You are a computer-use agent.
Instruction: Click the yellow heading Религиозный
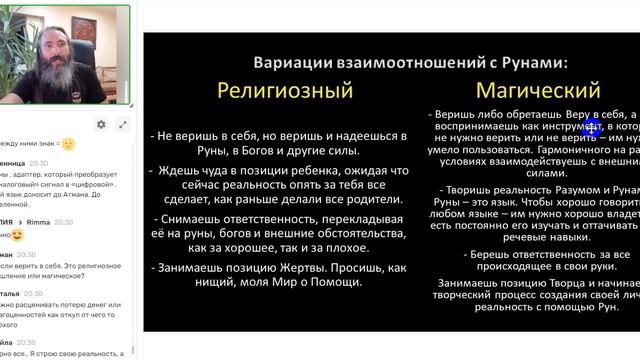pyautogui.click(x=286, y=90)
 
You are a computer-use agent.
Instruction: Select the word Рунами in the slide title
pyautogui.click(x=531, y=61)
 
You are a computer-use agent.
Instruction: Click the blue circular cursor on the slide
pyautogui.click(x=591, y=127)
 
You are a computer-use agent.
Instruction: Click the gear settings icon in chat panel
pyautogui.click(x=101, y=124)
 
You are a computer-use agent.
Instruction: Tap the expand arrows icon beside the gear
pyautogui.click(x=123, y=124)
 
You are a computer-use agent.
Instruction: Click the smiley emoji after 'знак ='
pyautogui.click(x=68, y=144)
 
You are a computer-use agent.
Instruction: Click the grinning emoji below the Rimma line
pyautogui.click(x=16, y=235)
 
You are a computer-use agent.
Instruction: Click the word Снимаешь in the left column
pyautogui.click(x=194, y=208)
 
